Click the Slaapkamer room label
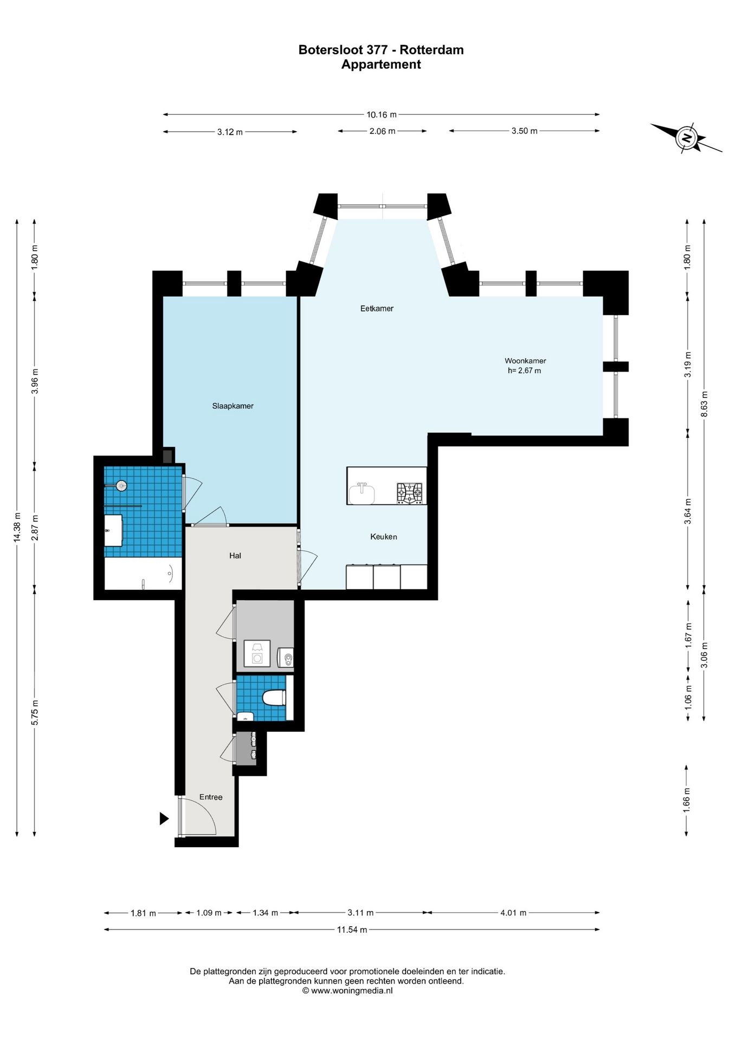(233, 406)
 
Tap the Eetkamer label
(377, 308)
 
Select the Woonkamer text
(525, 361)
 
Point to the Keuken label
(384, 537)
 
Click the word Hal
(235, 556)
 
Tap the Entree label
(211, 797)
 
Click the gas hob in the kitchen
(410, 493)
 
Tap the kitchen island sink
(362, 493)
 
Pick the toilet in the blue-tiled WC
(274, 698)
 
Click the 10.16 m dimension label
(382, 115)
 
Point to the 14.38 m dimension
(17, 527)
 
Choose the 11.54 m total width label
(352, 929)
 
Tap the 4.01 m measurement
(513, 913)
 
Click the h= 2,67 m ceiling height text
(524, 371)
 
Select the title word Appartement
(381, 64)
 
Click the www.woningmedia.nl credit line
(347, 991)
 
